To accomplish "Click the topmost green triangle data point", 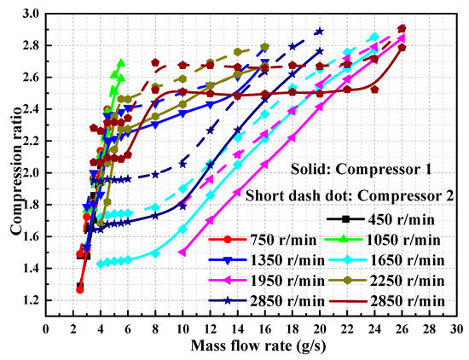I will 121,63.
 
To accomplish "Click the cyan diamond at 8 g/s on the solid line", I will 155,253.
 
